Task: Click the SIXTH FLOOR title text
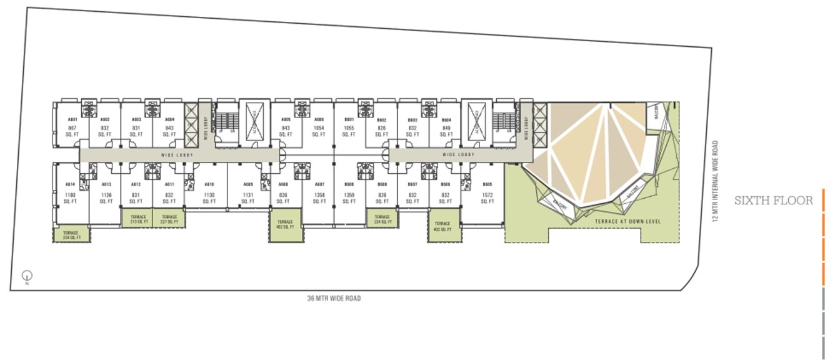[774, 201]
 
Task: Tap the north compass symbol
[27, 275]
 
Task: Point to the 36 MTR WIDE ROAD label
[334, 299]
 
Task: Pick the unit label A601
[72, 119]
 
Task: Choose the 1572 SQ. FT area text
[487, 198]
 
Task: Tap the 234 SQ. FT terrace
[71, 234]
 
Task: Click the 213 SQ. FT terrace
[138, 219]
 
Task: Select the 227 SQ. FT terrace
[169, 219]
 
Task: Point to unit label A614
[70, 184]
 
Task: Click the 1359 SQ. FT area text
[349, 198]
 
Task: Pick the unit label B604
[446, 119]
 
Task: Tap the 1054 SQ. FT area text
[319, 131]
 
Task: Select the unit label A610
[209, 184]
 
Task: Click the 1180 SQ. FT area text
[70, 198]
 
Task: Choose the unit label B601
[349, 119]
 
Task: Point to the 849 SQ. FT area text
[446, 131]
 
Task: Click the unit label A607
[319, 184]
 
